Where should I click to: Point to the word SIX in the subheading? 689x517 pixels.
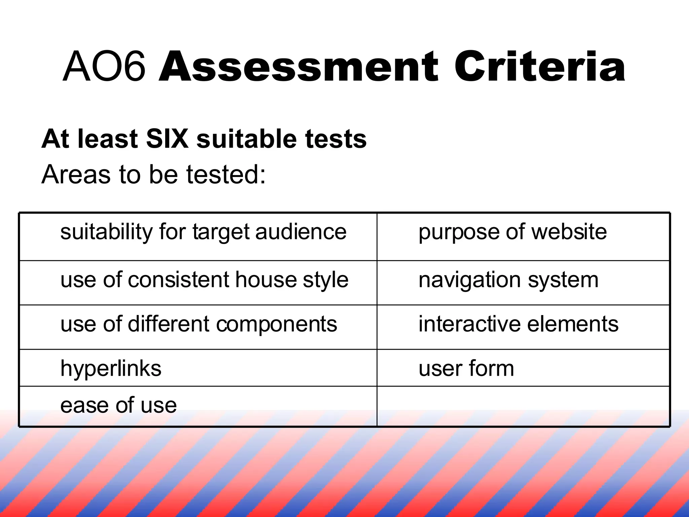click(x=167, y=139)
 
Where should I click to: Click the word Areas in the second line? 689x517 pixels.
click(x=76, y=174)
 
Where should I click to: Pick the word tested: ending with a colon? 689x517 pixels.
click(x=226, y=174)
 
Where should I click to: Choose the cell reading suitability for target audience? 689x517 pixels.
click(x=203, y=232)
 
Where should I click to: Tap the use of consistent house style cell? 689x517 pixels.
click(x=204, y=280)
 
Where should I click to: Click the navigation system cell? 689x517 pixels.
click(x=508, y=280)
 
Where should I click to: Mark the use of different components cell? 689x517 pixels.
click(x=198, y=324)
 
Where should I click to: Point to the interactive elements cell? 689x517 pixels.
click(x=518, y=324)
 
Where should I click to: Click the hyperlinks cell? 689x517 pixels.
click(x=111, y=369)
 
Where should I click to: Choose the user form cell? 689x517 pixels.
click(x=466, y=369)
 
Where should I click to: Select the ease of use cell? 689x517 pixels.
click(x=118, y=405)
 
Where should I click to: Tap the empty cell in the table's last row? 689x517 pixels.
click(x=523, y=406)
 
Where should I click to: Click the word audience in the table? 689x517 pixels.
click(x=301, y=232)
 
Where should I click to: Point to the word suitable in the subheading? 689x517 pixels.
click(x=247, y=139)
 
